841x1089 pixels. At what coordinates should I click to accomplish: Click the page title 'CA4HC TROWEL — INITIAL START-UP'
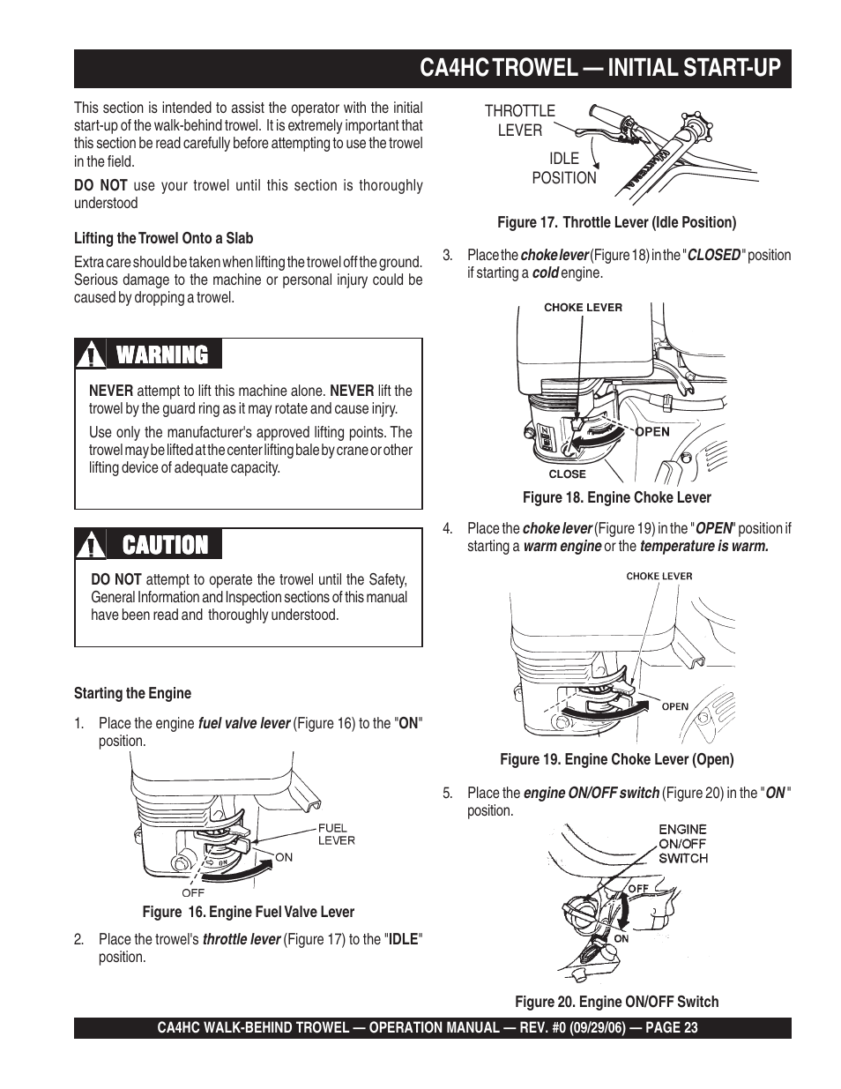(x=599, y=68)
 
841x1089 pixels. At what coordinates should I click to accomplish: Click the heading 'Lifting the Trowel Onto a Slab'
(x=163, y=238)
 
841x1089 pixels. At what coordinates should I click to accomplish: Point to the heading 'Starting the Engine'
(x=132, y=693)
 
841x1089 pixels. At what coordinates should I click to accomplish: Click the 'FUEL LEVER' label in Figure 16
(x=336, y=834)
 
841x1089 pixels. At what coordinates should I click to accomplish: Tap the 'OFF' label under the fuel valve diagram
(x=193, y=892)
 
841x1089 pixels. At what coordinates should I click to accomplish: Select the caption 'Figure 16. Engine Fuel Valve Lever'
(x=242, y=912)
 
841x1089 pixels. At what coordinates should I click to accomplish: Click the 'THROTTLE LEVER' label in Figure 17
(x=520, y=120)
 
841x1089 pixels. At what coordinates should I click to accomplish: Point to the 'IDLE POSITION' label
(x=564, y=168)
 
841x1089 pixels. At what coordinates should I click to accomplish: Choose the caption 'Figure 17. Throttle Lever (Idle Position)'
(x=616, y=222)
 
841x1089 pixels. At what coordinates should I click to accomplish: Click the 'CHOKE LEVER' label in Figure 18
(x=583, y=308)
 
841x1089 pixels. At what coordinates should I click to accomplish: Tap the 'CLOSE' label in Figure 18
(x=567, y=474)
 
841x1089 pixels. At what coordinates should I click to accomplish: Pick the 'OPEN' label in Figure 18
(x=652, y=432)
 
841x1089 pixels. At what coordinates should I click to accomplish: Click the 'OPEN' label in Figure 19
(x=675, y=706)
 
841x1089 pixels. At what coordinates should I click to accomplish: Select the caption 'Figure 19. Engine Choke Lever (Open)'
(x=616, y=758)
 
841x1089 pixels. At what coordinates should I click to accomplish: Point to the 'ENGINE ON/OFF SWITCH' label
(x=683, y=843)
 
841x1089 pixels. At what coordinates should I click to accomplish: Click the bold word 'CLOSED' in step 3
(x=713, y=255)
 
